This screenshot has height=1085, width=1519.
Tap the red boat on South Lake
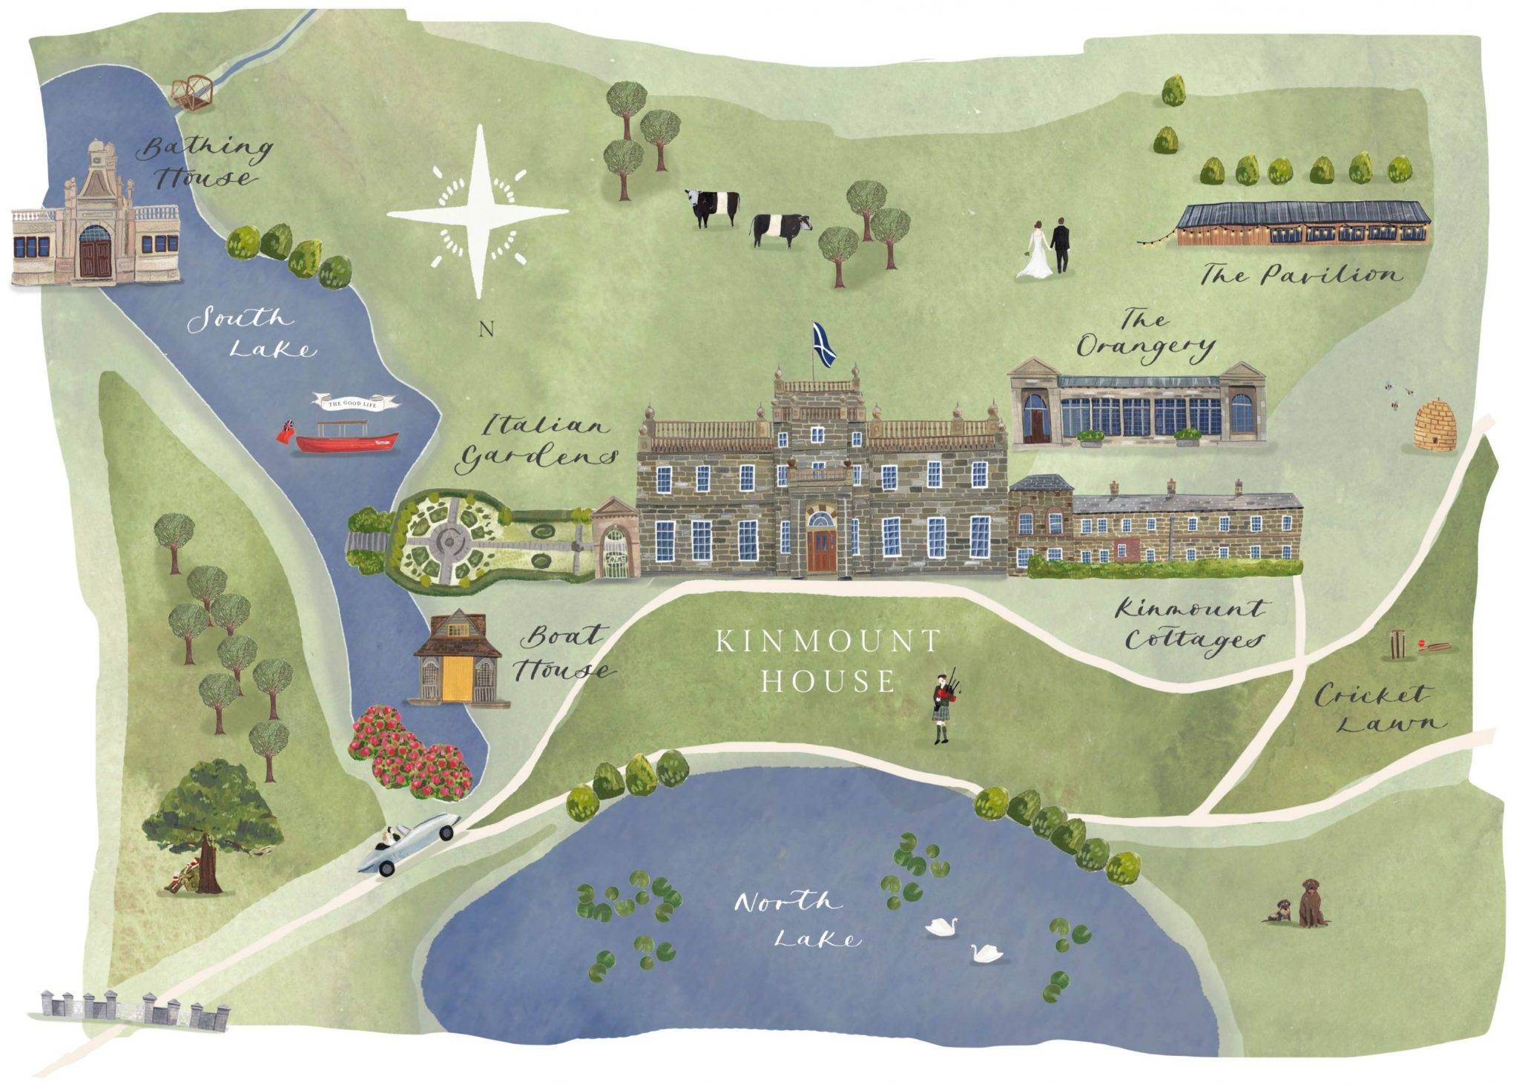click(346, 441)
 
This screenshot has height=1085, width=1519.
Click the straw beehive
click(1434, 427)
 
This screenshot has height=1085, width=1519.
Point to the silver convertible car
click(409, 843)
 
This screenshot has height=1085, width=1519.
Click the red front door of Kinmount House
click(820, 549)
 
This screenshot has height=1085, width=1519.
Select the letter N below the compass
click(486, 329)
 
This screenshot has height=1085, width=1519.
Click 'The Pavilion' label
click(1301, 276)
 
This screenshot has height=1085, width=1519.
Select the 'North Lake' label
click(798, 920)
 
